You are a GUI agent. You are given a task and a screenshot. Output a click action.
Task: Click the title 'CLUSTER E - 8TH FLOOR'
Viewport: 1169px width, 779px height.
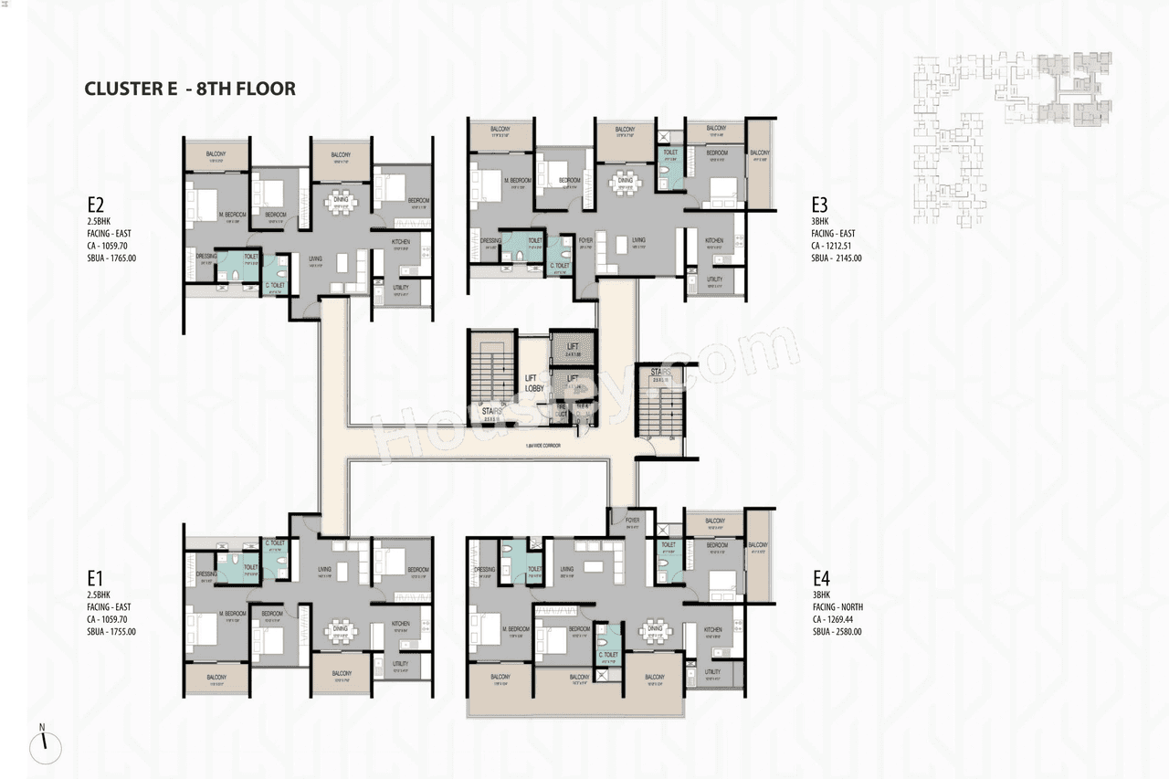pos(190,89)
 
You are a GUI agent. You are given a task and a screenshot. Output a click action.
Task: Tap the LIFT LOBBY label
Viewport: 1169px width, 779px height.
pos(534,383)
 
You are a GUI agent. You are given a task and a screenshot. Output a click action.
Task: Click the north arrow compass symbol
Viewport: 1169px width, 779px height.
pos(44,747)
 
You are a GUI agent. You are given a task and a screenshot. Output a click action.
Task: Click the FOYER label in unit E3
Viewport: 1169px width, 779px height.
pos(586,242)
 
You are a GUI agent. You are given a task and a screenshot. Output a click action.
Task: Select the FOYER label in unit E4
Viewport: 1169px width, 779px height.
pos(632,520)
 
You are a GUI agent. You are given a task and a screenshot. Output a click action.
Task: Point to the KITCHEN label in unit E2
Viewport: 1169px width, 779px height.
pos(401,242)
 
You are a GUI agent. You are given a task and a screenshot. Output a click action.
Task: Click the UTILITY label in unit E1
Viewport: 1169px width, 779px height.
pos(400,664)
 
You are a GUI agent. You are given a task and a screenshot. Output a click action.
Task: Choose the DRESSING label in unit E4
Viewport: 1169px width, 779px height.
pos(484,570)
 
